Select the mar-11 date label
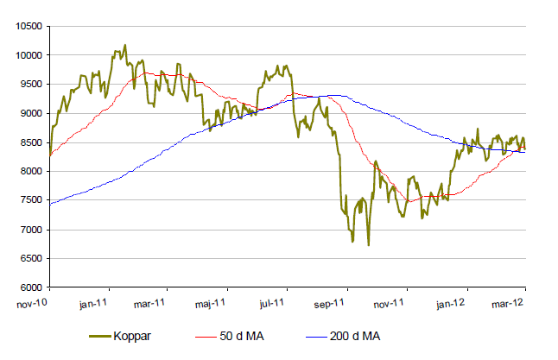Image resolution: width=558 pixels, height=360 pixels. [x=151, y=303]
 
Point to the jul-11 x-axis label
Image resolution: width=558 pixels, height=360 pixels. [x=272, y=303]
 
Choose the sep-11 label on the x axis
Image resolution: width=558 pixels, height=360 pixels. [x=332, y=303]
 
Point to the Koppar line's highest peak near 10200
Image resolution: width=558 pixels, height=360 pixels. [x=125, y=45]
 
